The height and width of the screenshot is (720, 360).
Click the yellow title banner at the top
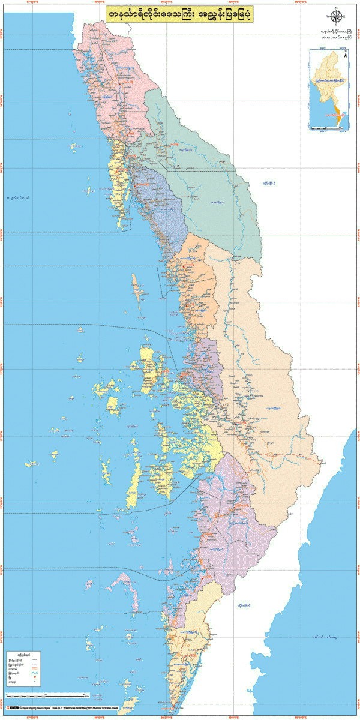click(x=181, y=14)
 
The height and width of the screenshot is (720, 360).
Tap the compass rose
click(x=336, y=17)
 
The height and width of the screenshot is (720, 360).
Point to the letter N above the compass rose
click(x=336, y=8)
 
